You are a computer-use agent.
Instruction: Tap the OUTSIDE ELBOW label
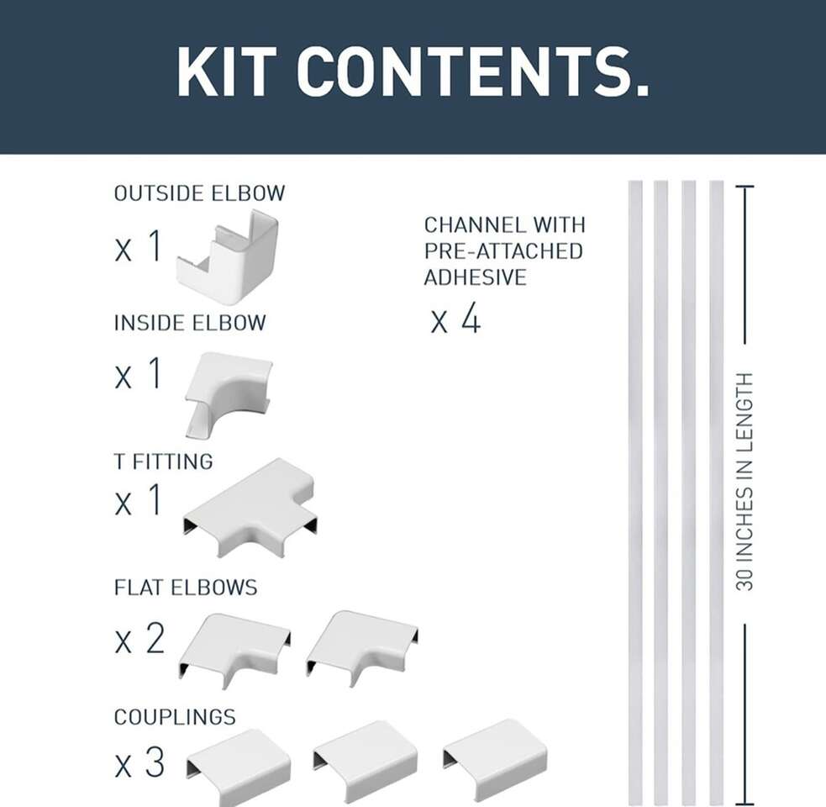point(200,193)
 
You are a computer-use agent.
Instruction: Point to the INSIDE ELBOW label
point(190,323)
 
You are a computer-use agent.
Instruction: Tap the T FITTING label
point(164,462)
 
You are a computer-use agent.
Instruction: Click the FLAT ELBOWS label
point(186,588)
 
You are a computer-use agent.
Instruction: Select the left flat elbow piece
point(235,650)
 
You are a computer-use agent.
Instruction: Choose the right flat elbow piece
point(362,648)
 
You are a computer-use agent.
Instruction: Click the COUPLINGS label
point(175,717)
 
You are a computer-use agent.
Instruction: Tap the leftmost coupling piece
point(239,766)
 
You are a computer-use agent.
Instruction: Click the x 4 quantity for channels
point(455,318)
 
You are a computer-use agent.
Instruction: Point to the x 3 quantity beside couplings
point(139,762)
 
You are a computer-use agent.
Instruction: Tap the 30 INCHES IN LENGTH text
point(744,482)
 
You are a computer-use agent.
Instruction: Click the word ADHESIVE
point(475,277)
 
